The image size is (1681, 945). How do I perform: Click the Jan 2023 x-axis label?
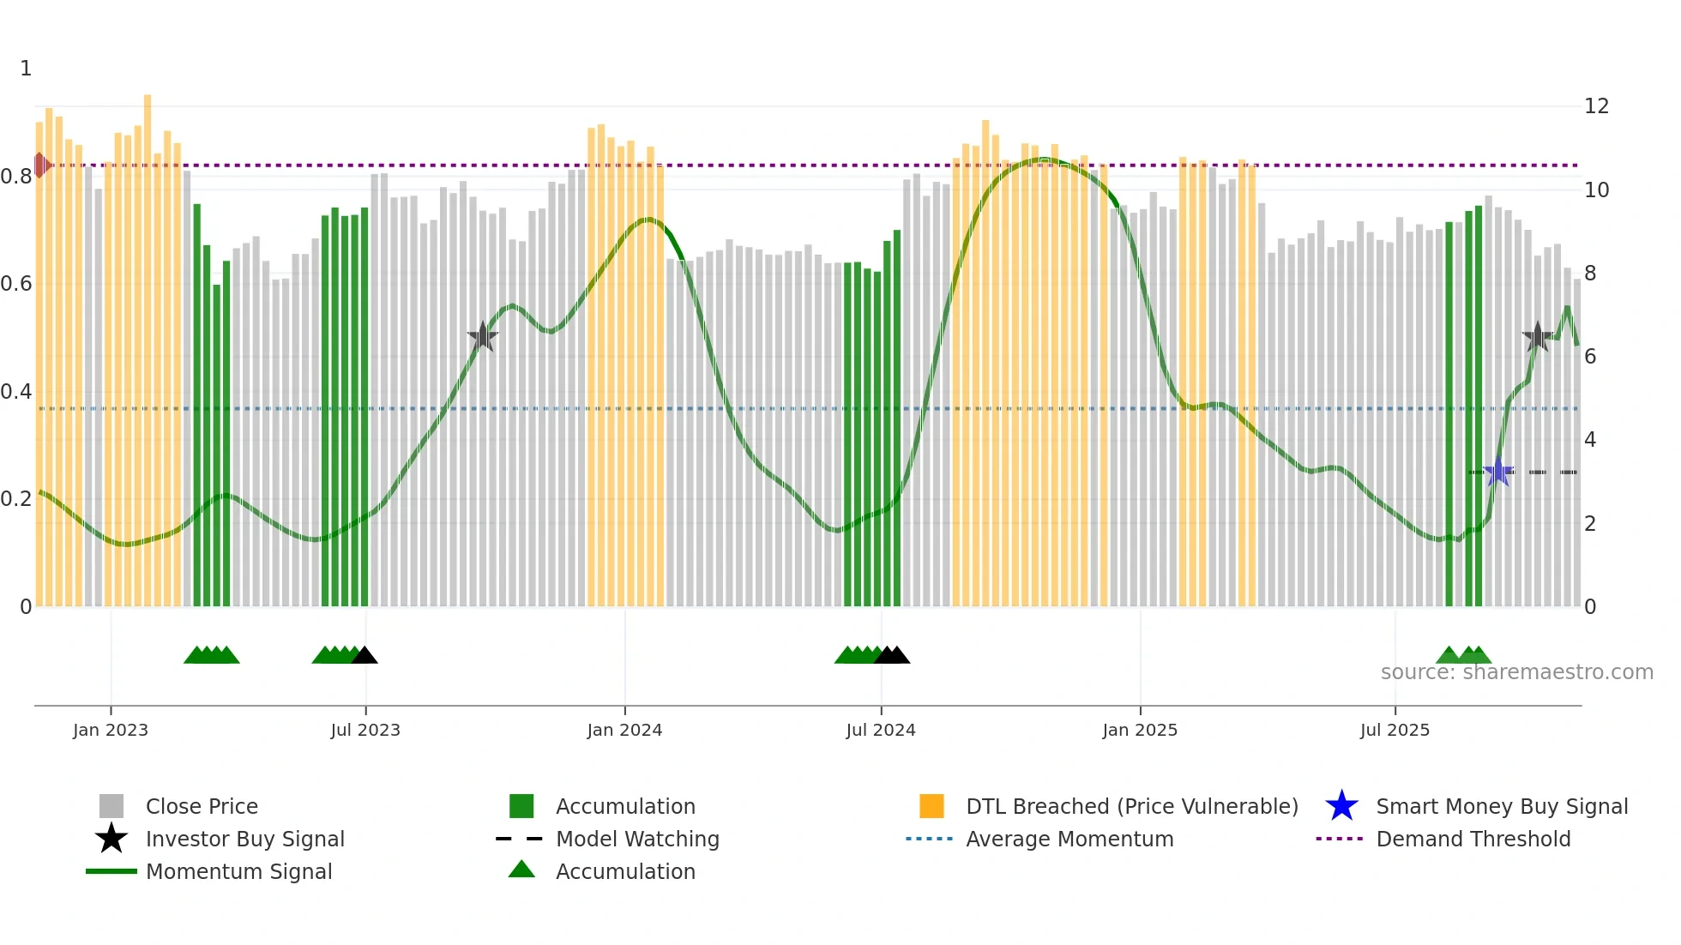point(111,730)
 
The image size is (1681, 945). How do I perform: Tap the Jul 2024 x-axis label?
point(881,730)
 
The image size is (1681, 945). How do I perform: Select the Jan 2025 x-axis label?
point(1140,730)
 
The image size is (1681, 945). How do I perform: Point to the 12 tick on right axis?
point(1596,106)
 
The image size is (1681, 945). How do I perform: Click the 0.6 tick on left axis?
point(16,284)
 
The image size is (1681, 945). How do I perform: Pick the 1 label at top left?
point(26,69)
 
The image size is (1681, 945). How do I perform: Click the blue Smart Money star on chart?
point(1498,472)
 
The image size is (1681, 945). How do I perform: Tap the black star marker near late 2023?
point(483,336)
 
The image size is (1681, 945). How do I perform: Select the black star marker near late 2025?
point(1538,336)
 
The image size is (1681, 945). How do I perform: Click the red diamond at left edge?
point(40,165)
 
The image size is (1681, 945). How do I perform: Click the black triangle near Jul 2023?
point(365,655)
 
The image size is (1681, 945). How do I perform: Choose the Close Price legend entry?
point(201,806)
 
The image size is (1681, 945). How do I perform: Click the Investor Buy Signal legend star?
point(111,839)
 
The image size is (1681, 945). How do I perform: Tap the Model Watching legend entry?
point(636,839)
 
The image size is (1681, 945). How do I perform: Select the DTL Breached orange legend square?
point(931,806)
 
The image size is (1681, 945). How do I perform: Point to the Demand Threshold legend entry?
point(1473,839)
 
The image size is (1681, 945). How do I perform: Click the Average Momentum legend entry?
point(1069,839)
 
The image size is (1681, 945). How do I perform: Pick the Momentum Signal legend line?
point(111,871)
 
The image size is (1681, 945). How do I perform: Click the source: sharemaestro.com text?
point(1516,672)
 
